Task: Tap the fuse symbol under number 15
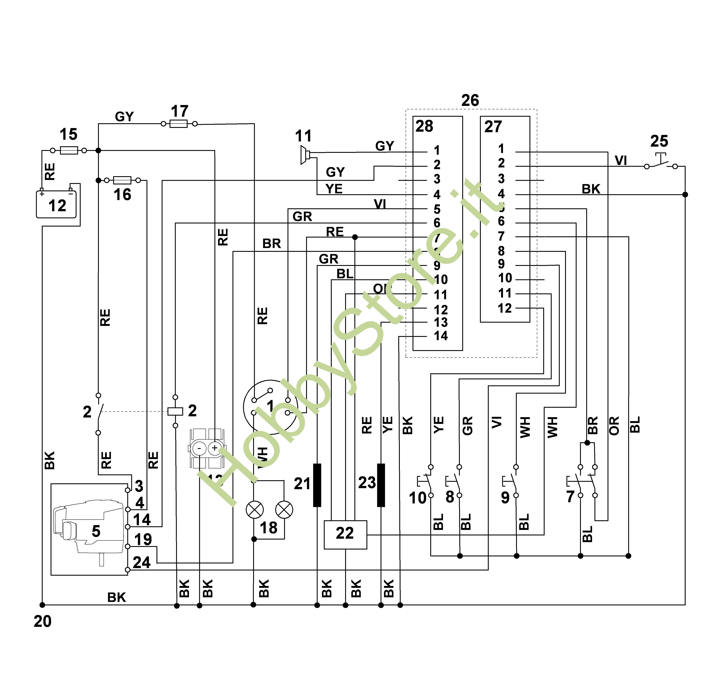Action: coord(69,150)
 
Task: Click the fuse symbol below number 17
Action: coord(179,124)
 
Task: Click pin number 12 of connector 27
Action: coord(505,308)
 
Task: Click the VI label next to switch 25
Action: coord(621,160)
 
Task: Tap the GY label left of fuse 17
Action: coord(124,117)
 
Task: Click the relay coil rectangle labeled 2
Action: coord(175,411)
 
